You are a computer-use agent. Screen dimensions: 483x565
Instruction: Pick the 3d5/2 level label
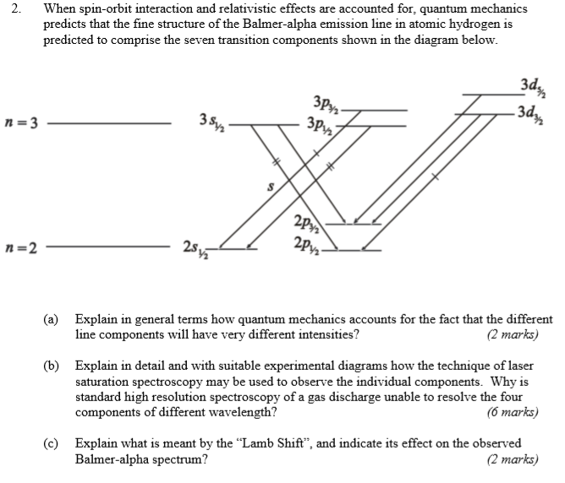[535, 86]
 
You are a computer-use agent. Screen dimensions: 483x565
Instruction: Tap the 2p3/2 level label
[305, 225]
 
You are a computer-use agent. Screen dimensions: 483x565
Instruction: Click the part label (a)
[52, 320]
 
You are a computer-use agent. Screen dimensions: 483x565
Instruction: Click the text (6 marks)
[513, 413]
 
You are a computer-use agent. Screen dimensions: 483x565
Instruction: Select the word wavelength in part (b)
[239, 413]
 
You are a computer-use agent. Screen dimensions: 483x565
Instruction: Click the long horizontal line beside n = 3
[110, 125]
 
